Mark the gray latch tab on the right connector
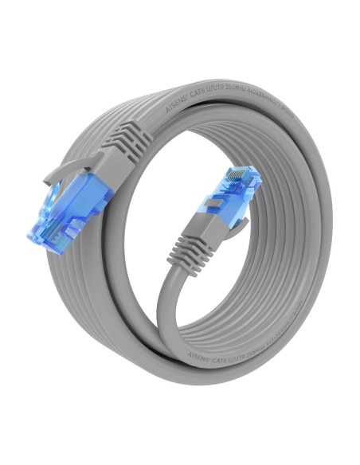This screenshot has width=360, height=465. coord(239,218)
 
